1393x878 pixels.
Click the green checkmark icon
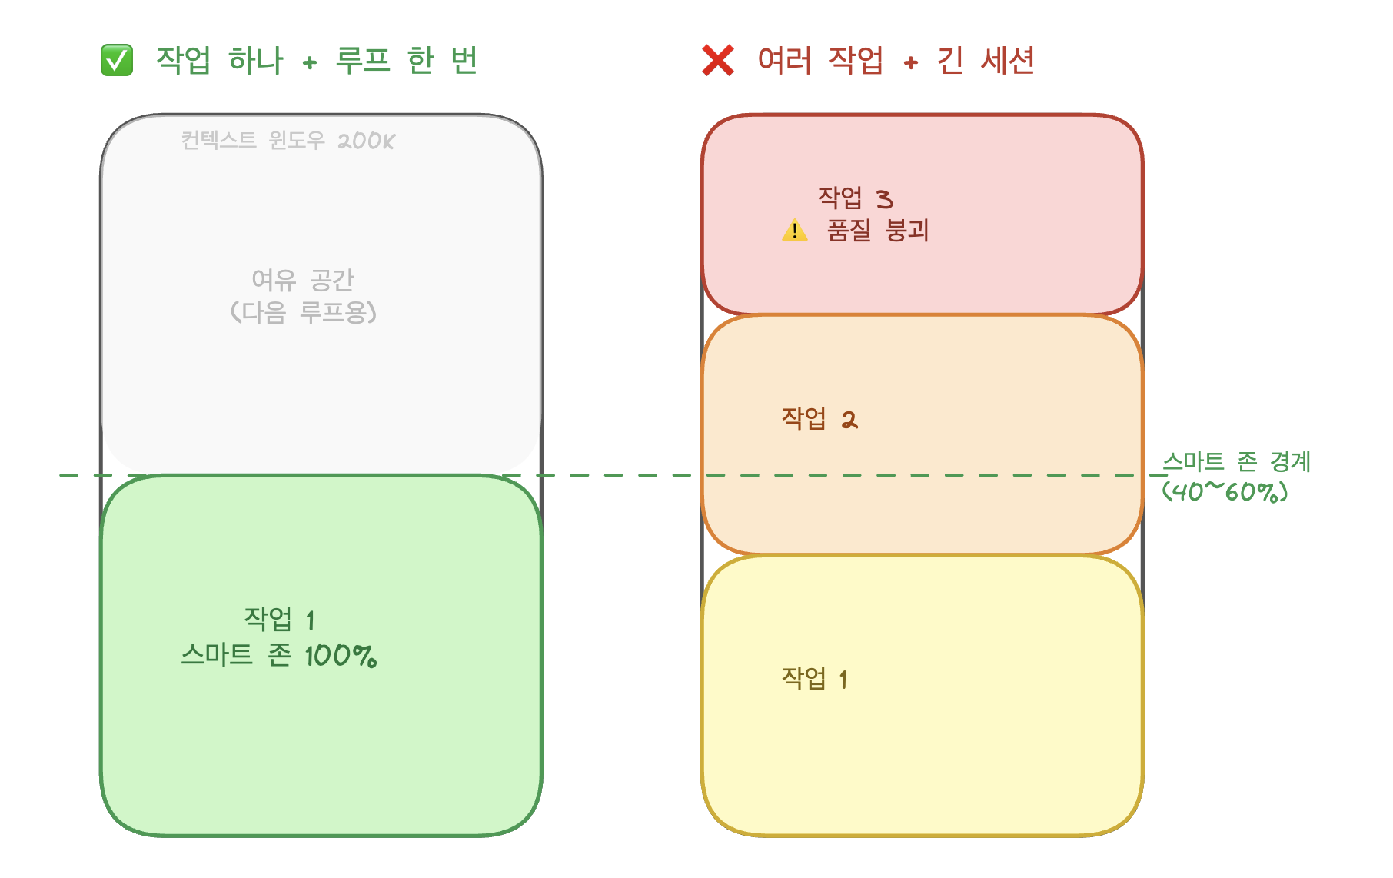coord(117,61)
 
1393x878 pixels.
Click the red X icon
coord(718,61)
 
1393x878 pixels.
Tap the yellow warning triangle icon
coord(794,231)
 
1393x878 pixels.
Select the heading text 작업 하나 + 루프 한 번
coord(316,61)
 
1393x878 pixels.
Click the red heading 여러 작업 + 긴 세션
coord(896,61)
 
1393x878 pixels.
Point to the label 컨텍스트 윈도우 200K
coord(288,141)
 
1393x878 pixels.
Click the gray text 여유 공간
coord(303,280)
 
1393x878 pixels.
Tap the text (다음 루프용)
coord(303,312)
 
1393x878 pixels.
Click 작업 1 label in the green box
coord(279,619)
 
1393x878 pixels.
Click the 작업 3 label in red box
coord(855,198)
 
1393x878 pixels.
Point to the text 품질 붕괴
coord(878,231)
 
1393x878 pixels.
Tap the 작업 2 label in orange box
coord(820,419)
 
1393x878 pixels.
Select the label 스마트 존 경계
coord(1236,461)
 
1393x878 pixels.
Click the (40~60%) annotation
coord(1225,491)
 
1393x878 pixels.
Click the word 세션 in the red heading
coord(1008,61)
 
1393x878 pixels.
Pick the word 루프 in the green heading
coord(363,61)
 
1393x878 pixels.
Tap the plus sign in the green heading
coord(310,63)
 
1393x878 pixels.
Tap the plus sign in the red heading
coord(911,63)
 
